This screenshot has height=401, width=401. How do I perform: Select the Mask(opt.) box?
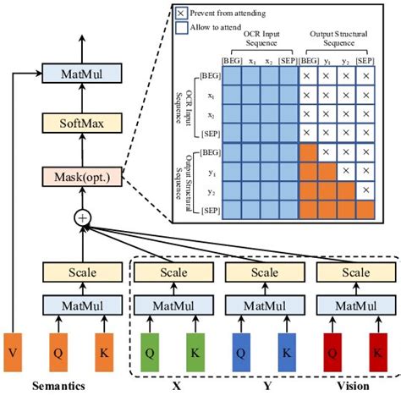(x=83, y=178)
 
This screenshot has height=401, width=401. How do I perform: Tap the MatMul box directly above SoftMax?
(x=83, y=74)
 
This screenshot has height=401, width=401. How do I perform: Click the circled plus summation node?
(x=83, y=217)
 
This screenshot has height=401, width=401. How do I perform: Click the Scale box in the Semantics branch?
(x=83, y=273)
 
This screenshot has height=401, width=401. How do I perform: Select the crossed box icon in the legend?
(x=182, y=14)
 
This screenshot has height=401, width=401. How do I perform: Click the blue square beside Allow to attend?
(x=182, y=28)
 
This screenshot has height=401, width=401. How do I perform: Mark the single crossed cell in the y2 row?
(x=365, y=190)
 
